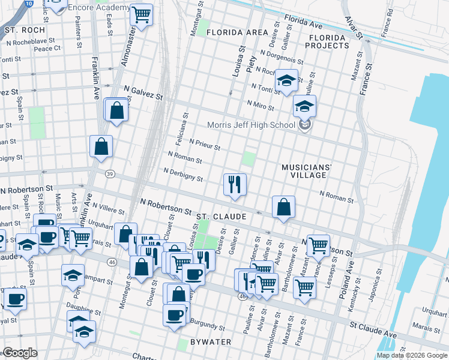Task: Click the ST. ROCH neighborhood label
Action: coord(24,29)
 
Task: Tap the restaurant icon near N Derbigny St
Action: coord(235,184)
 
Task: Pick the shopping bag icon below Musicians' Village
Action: coord(283,207)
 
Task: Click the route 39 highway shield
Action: coord(109,174)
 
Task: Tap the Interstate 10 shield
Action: coord(29,4)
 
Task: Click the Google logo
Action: coord(20,353)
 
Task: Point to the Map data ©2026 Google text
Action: coord(412,355)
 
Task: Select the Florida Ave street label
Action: coord(303,25)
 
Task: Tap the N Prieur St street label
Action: coord(205,145)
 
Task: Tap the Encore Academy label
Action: coord(98,7)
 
